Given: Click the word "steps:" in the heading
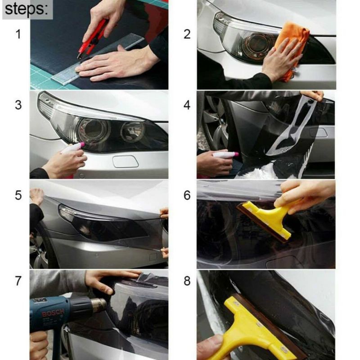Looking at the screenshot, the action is pyautogui.click(x=27, y=9).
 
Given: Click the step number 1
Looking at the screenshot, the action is pyautogui.click(x=18, y=34).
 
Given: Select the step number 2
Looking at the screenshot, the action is pyautogui.click(x=187, y=34).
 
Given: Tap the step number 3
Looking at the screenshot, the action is pyautogui.click(x=18, y=105).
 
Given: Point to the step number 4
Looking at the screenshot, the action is pyautogui.click(x=187, y=105).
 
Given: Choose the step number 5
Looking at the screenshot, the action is pyautogui.click(x=18, y=195).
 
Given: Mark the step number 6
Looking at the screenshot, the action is pyautogui.click(x=187, y=195).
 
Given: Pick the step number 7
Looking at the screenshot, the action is pyautogui.click(x=18, y=281).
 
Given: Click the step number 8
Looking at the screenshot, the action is pyautogui.click(x=187, y=281).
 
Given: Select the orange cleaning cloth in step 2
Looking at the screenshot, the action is pyautogui.click(x=290, y=48).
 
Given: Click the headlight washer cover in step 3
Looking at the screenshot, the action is pyautogui.click(x=126, y=161).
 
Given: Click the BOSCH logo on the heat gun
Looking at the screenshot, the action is pyautogui.click(x=53, y=312).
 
